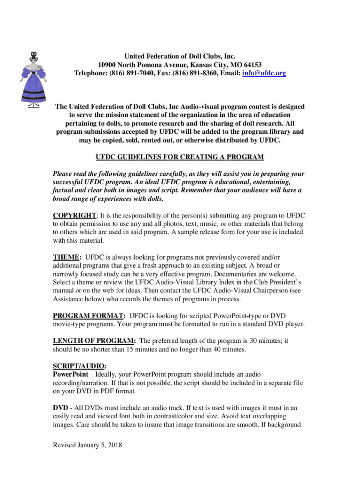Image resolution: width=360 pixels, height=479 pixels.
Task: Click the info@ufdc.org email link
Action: click(x=264, y=73)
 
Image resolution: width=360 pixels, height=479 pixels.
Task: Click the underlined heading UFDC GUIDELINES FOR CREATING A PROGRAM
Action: click(x=180, y=156)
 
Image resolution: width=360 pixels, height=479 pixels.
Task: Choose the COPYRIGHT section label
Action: click(x=74, y=215)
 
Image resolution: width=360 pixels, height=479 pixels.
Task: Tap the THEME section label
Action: click(x=67, y=257)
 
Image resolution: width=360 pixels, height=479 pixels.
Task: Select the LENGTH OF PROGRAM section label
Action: click(x=94, y=341)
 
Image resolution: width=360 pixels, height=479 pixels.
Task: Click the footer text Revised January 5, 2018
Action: click(x=87, y=445)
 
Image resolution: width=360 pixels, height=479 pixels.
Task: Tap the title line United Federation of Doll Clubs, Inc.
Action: click(x=180, y=56)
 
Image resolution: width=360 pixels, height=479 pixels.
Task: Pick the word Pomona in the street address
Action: click(x=153, y=65)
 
